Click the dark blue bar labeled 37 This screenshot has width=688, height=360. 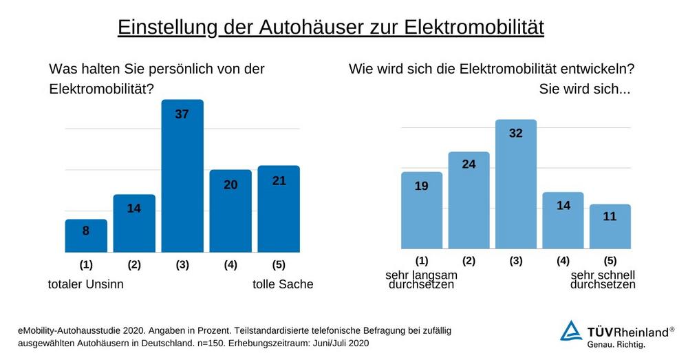point(182,179)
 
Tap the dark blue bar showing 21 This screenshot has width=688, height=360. point(279,210)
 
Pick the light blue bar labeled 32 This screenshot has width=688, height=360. point(516,186)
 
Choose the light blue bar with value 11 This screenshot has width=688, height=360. point(610,227)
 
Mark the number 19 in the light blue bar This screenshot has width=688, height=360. point(422,185)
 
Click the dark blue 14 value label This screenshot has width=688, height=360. point(134,208)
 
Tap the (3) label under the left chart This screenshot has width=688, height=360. point(182,264)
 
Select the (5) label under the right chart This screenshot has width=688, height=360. point(610,260)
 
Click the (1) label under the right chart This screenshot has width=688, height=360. point(422,260)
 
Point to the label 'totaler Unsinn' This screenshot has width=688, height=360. point(85,284)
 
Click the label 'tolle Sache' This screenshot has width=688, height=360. point(283,284)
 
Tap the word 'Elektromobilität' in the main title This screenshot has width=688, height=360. point(474,27)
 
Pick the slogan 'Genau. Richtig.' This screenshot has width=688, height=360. point(616,343)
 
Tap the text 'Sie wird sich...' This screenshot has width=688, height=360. point(585,89)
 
